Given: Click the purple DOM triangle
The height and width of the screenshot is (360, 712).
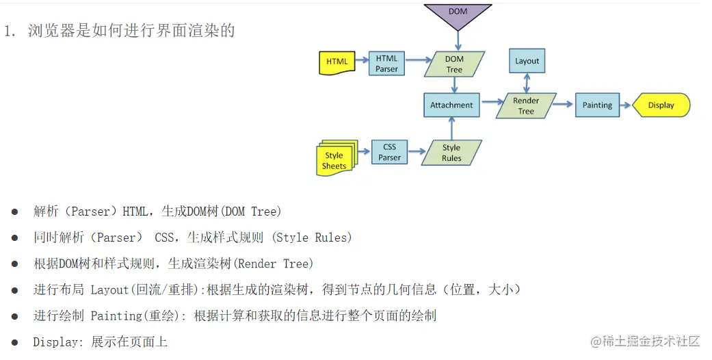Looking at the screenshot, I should pyautogui.click(x=458, y=15).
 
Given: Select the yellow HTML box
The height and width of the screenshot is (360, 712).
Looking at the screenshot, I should pyautogui.click(x=337, y=62).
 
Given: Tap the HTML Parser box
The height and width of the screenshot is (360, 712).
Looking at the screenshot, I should pyautogui.click(x=386, y=64).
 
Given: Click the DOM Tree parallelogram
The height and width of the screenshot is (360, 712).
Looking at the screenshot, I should pyautogui.click(x=454, y=64).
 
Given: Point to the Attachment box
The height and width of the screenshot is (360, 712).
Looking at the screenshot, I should pyautogui.click(x=451, y=105).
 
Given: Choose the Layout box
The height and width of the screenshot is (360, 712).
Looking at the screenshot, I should pyautogui.click(x=527, y=61).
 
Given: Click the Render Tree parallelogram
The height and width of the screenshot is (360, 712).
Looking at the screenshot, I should pyautogui.click(x=526, y=105).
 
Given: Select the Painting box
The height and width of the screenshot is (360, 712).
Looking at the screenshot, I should pyautogui.click(x=597, y=105).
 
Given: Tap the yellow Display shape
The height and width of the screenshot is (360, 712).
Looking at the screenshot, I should pyautogui.click(x=660, y=105).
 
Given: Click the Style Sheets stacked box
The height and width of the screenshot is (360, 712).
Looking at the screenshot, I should pyautogui.click(x=335, y=159).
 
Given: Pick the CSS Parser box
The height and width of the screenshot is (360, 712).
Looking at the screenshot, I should pyautogui.click(x=389, y=152).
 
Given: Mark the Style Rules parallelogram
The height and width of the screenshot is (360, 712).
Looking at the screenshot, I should pyautogui.click(x=451, y=153).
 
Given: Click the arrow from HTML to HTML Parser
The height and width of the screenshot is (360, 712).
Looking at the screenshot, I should pyautogui.click(x=361, y=62).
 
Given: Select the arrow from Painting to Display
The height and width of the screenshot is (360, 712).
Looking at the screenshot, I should pyautogui.click(x=625, y=105).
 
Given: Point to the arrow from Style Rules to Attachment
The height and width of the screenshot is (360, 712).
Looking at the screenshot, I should pyautogui.click(x=451, y=128).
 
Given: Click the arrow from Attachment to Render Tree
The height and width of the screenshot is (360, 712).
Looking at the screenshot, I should pyautogui.click(x=490, y=105).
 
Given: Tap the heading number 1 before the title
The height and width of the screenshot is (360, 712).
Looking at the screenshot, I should pyautogui.click(x=9, y=31).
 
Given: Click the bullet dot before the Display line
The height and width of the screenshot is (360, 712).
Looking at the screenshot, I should pyautogui.click(x=14, y=342).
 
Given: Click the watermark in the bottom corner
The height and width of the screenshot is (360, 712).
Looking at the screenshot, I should pyautogui.click(x=646, y=341).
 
